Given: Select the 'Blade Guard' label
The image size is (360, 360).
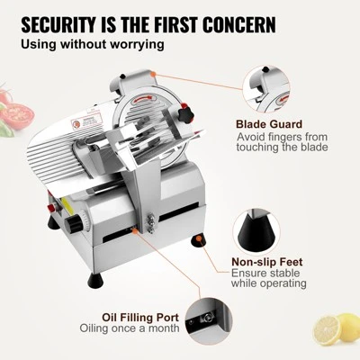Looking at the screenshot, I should click(x=269, y=124).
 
